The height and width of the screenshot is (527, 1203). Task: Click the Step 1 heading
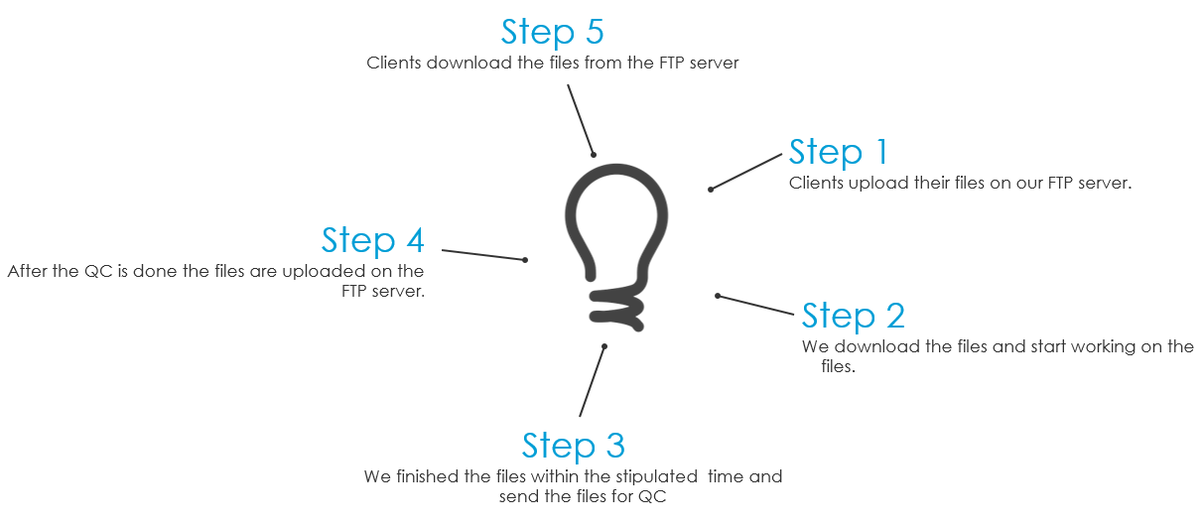tap(838, 152)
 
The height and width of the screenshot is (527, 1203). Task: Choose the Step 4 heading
tap(372, 240)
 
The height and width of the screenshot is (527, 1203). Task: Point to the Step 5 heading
tap(552, 31)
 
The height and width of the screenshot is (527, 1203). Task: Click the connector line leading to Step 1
tap(746, 171)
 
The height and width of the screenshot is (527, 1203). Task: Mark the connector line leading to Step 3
tap(592, 381)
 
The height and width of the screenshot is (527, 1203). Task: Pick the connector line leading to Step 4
tap(483, 255)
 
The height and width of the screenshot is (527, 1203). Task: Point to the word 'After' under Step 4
tap(27, 271)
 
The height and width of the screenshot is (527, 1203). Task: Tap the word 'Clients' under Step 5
tap(394, 63)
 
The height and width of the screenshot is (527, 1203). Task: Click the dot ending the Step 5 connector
tap(594, 154)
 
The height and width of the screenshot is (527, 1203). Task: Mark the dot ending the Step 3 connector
tap(603, 345)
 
